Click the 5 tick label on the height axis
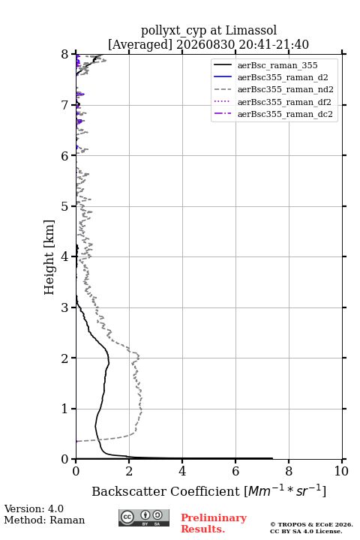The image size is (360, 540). (x=65, y=206)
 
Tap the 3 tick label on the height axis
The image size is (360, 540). (x=65, y=307)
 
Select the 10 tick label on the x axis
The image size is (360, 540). (x=341, y=471)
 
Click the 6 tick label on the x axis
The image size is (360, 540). (x=235, y=471)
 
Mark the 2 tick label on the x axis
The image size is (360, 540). (x=129, y=471)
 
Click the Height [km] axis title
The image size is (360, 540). (x=49, y=257)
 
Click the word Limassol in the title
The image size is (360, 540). (x=250, y=30)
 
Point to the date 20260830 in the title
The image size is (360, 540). (x=205, y=44)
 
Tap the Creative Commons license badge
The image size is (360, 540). (x=144, y=517)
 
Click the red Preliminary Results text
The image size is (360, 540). (x=214, y=523)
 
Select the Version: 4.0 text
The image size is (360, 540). (x=34, y=508)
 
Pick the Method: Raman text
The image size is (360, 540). (x=44, y=520)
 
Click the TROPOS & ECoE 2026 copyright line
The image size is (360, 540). (x=311, y=524)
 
